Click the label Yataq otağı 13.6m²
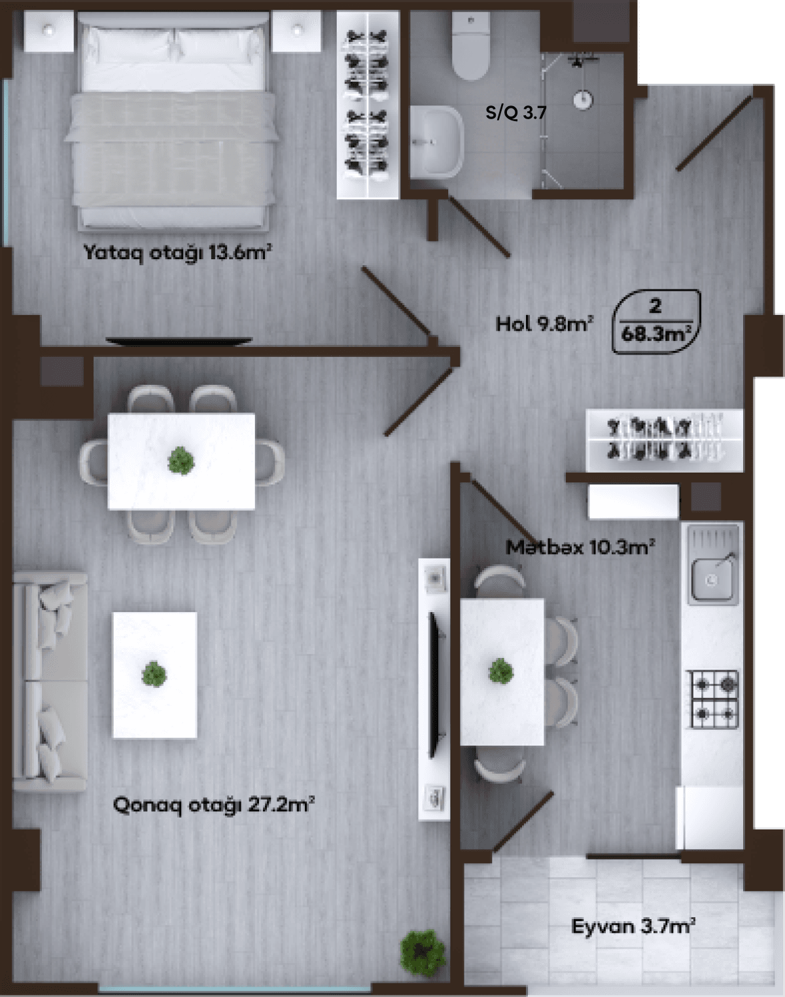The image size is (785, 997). pyautogui.click(x=177, y=253)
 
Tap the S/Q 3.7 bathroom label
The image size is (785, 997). pyautogui.click(x=515, y=113)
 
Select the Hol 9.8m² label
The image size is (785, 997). pyautogui.click(x=544, y=323)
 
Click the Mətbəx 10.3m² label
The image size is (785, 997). pyautogui.click(x=581, y=547)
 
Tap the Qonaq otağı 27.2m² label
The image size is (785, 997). pyautogui.click(x=214, y=804)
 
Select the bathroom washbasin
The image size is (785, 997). pyautogui.click(x=437, y=141)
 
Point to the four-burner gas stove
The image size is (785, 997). pyautogui.click(x=714, y=699)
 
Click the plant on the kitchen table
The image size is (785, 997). pyautogui.click(x=501, y=672)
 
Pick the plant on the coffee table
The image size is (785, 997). pyautogui.click(x=154, y=674)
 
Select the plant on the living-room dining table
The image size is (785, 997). pyautogui.click(x=181, y=460)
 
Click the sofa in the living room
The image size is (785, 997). pyautogui.click(x=50, y=681)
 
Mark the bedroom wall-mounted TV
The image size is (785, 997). pyautogui.click(x=179, y=340)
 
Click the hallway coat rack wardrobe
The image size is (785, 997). pyautogui.click(x=664, y=439)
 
